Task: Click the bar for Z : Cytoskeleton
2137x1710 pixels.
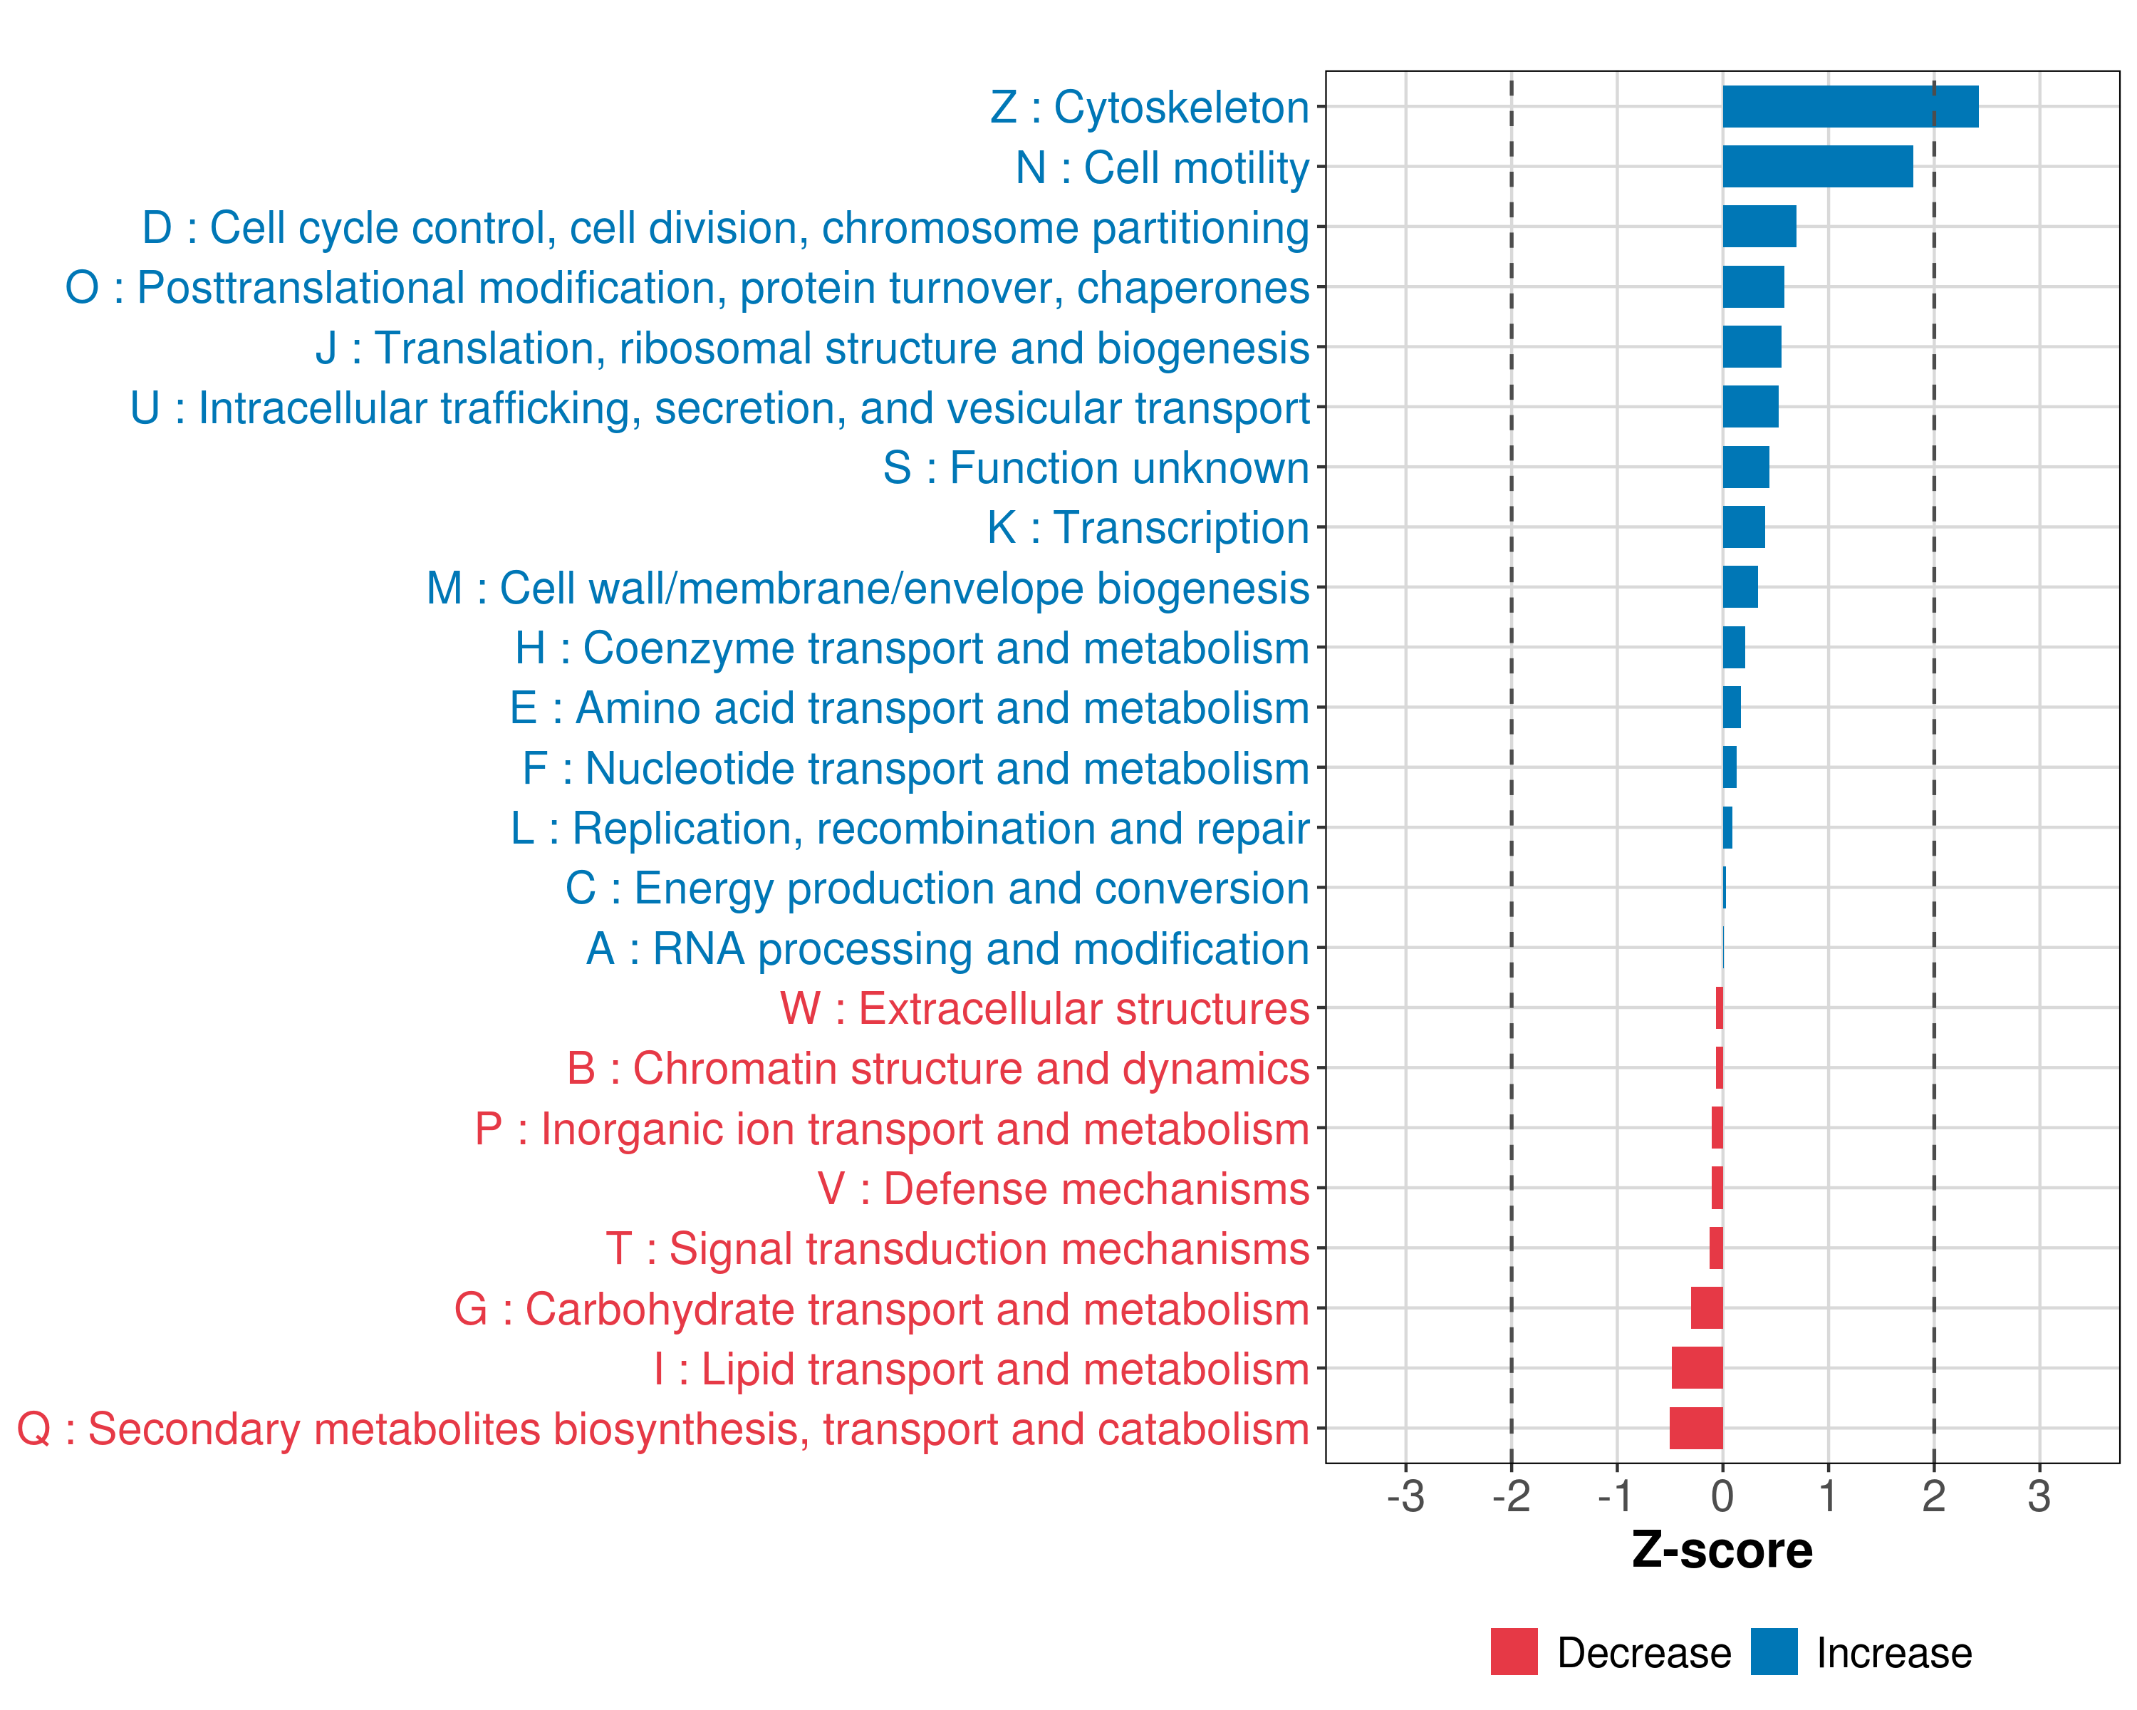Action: coord(1849,107)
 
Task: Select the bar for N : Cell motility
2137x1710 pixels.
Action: coord(1817,167)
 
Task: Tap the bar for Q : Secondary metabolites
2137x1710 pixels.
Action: coord(1696,1429)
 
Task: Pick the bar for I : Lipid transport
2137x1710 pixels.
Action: coord(1697,1368)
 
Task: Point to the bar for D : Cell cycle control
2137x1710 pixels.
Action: coord(1759,227)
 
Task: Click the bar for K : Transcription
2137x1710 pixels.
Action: coord(1744,527)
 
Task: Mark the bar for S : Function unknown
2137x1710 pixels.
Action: coord(1745,467)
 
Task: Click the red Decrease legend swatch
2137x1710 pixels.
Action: coord(1514,1652)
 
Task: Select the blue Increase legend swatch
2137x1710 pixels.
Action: coord(1773,1652)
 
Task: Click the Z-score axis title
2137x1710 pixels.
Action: coord(1722,1550)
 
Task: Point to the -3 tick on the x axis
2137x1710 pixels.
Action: coord(1405,1496)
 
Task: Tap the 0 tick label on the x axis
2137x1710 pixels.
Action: coord(1722,1496)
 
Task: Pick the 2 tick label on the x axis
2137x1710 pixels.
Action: coord(1933,1496)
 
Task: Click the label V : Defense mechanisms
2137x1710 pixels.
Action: coord(1063,1188)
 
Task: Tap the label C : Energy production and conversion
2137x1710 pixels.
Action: coord(937,888)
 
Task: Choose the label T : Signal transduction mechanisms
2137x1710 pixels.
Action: coord(957,1249)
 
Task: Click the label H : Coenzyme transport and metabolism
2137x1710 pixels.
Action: coord(912,648)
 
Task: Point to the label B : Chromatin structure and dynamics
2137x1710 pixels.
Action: coord(937,1069)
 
